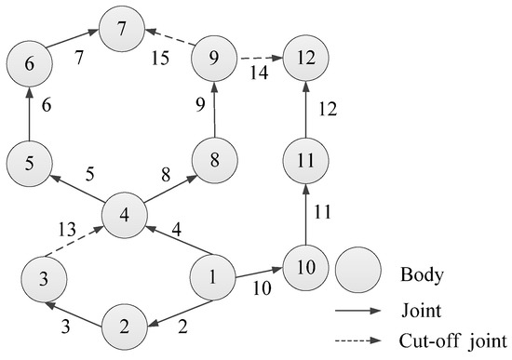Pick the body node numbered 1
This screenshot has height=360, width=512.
(213, 275)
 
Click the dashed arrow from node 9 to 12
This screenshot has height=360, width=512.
(261, 60)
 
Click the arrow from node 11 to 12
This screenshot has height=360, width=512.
(306, 108)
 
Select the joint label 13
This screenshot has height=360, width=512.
(65, 227)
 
